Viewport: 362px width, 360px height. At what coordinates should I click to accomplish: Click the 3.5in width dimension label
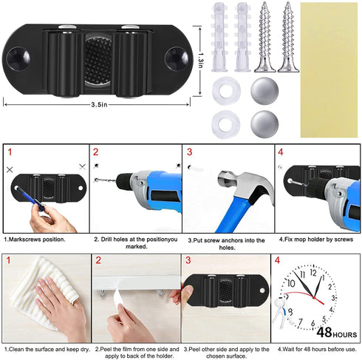[99, 104]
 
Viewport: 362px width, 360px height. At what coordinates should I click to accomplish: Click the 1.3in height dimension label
[201, 61]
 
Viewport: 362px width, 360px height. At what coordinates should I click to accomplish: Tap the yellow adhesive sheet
[329, 70]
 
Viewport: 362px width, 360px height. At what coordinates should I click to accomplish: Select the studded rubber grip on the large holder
[98, 61]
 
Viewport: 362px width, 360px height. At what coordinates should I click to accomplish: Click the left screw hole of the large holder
[18, 58]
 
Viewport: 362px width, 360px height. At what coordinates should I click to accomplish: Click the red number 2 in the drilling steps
[95, 152]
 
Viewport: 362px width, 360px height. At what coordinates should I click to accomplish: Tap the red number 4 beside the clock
[277, 260]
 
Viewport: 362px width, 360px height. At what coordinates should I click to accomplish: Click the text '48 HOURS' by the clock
[337, 333]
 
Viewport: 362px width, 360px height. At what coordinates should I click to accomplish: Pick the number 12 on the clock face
[313, 273]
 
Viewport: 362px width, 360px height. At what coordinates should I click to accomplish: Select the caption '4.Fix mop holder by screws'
[316, 240]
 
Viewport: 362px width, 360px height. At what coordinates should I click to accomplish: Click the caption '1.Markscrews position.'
[35, 240]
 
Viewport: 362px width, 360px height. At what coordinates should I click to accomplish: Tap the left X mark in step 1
[10, 169]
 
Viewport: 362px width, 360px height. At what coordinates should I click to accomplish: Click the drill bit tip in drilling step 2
[95, 180]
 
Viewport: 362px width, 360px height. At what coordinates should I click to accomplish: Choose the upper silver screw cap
[264, 90]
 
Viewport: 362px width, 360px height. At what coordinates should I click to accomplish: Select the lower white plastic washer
[225, 124]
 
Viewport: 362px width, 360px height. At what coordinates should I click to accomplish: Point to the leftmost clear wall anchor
[219, 37]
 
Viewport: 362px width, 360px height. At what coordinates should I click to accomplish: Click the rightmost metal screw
[288, 37]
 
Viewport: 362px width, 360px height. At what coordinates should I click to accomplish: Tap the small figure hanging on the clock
[281, 311]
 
